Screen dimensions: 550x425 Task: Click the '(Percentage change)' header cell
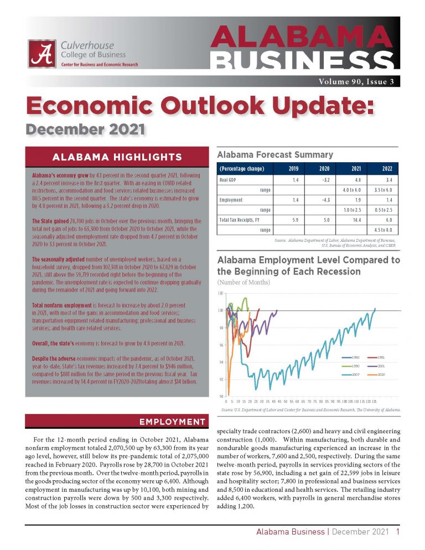point(242,168)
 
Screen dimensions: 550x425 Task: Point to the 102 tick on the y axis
point(221,293)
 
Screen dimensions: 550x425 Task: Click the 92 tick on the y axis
point(221,380)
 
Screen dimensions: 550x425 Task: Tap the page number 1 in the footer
point(397,532)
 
